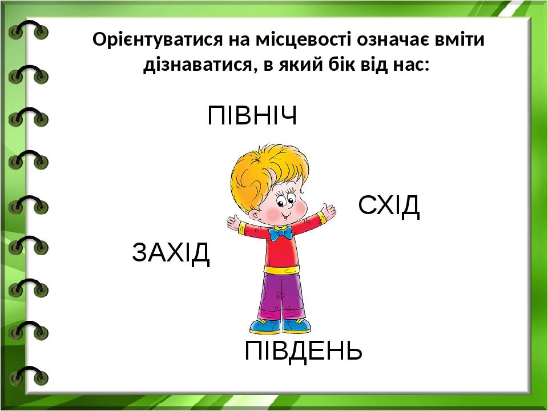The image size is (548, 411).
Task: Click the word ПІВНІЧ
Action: [x=252, y=115]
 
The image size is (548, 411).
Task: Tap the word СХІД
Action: [x=389, y=205]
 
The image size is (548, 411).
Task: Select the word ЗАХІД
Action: [x=171, y=253]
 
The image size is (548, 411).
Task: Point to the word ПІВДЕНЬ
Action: [x=303, y=351]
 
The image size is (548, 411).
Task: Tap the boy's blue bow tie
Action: [x=281, y=233]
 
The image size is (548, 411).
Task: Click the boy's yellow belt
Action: [x=281, y=269]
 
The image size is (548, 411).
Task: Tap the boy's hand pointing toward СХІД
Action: [x=329, y=211]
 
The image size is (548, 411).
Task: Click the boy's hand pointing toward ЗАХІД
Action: [x=233, y=223]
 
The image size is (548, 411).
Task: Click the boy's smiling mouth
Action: [x=286, y=217]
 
